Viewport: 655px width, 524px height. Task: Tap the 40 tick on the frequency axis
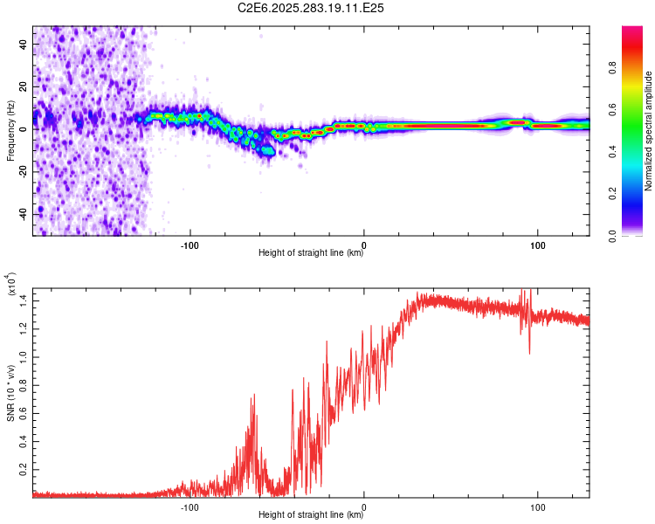coord(24,43)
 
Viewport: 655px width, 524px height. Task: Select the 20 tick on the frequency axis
coord(24,86)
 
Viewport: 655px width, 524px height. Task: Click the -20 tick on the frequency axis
coord(23,171)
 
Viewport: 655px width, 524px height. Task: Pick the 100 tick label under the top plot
coord(538,244)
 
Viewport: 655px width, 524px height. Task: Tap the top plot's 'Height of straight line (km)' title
coord(312,253)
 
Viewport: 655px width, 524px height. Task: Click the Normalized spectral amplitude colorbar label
coord(649,131)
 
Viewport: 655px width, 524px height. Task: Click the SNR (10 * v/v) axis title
coord(10,393)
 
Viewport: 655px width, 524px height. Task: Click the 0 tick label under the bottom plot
coord(364,506)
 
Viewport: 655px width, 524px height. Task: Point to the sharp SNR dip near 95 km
coord(529,352)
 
